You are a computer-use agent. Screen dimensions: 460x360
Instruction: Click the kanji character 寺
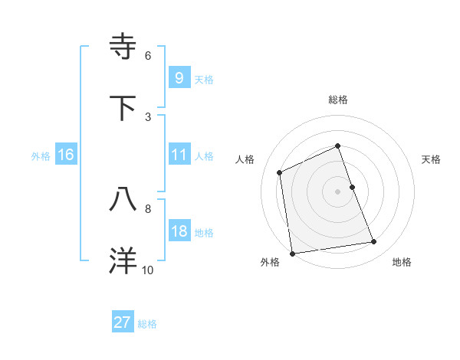click(x=123, y=46)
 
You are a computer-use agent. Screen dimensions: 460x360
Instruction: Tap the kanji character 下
click(x=123, y=107)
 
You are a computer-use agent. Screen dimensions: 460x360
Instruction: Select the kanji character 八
click(x=123, y=199)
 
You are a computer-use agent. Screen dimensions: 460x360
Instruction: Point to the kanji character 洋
click(x=123, y=260)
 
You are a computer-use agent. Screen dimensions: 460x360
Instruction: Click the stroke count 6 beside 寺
click(x=148, y=55)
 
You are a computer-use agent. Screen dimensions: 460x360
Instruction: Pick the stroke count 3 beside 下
click(x=148, y=116)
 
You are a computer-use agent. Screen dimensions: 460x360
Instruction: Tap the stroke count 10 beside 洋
click(x=148, y=270)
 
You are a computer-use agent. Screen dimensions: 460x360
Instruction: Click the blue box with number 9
click(x=179, y=77)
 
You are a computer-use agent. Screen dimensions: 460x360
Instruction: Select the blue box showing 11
click(x=179, y=155)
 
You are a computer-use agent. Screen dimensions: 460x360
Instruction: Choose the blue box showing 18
click(x=179, y=231)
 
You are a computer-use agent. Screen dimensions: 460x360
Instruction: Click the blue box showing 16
click(x=65, y=155)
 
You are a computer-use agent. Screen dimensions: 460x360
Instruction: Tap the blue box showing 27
click(x=123, y=322)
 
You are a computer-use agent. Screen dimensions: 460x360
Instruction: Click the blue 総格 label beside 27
click(x=147, y=324)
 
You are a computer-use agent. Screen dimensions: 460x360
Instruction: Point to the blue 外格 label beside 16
click(x=41, y=156)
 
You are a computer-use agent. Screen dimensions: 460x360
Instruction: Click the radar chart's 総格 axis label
click(x=338, y=100)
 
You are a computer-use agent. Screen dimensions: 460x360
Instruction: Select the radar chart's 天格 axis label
click(x=432, y=159)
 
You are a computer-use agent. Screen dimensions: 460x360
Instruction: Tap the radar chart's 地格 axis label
click(x=402, y=262)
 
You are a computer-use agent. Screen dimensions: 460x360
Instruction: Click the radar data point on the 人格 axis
click(x=280, y=172)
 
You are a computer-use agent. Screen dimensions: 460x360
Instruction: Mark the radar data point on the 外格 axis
click(x=292, y=254)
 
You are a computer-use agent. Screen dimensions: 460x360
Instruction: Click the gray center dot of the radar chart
click(x=338, y=191)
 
